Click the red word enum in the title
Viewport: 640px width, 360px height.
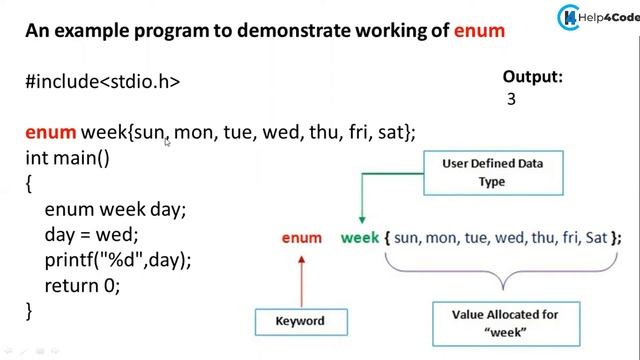[x=479, y=31]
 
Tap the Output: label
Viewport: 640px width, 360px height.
[x=532, y=76]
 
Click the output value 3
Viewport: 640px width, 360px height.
[x=511, y=99]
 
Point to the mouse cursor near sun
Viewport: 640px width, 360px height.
[x=168, y=143]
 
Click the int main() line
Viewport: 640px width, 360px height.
[x=67, y=158]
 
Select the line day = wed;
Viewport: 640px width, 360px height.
[x=90, y=235]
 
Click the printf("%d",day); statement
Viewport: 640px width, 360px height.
[x=117, y=260]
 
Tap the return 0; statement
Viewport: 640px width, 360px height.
[x=82, y=285]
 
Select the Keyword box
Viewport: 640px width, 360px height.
[x=301, y=321]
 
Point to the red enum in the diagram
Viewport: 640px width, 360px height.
[x=301, y=238]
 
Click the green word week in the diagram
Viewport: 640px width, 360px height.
[x=360, y=238]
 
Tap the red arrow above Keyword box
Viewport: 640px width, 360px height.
[x=301, y=278]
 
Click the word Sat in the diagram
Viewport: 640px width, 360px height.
[x=596, y=238]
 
